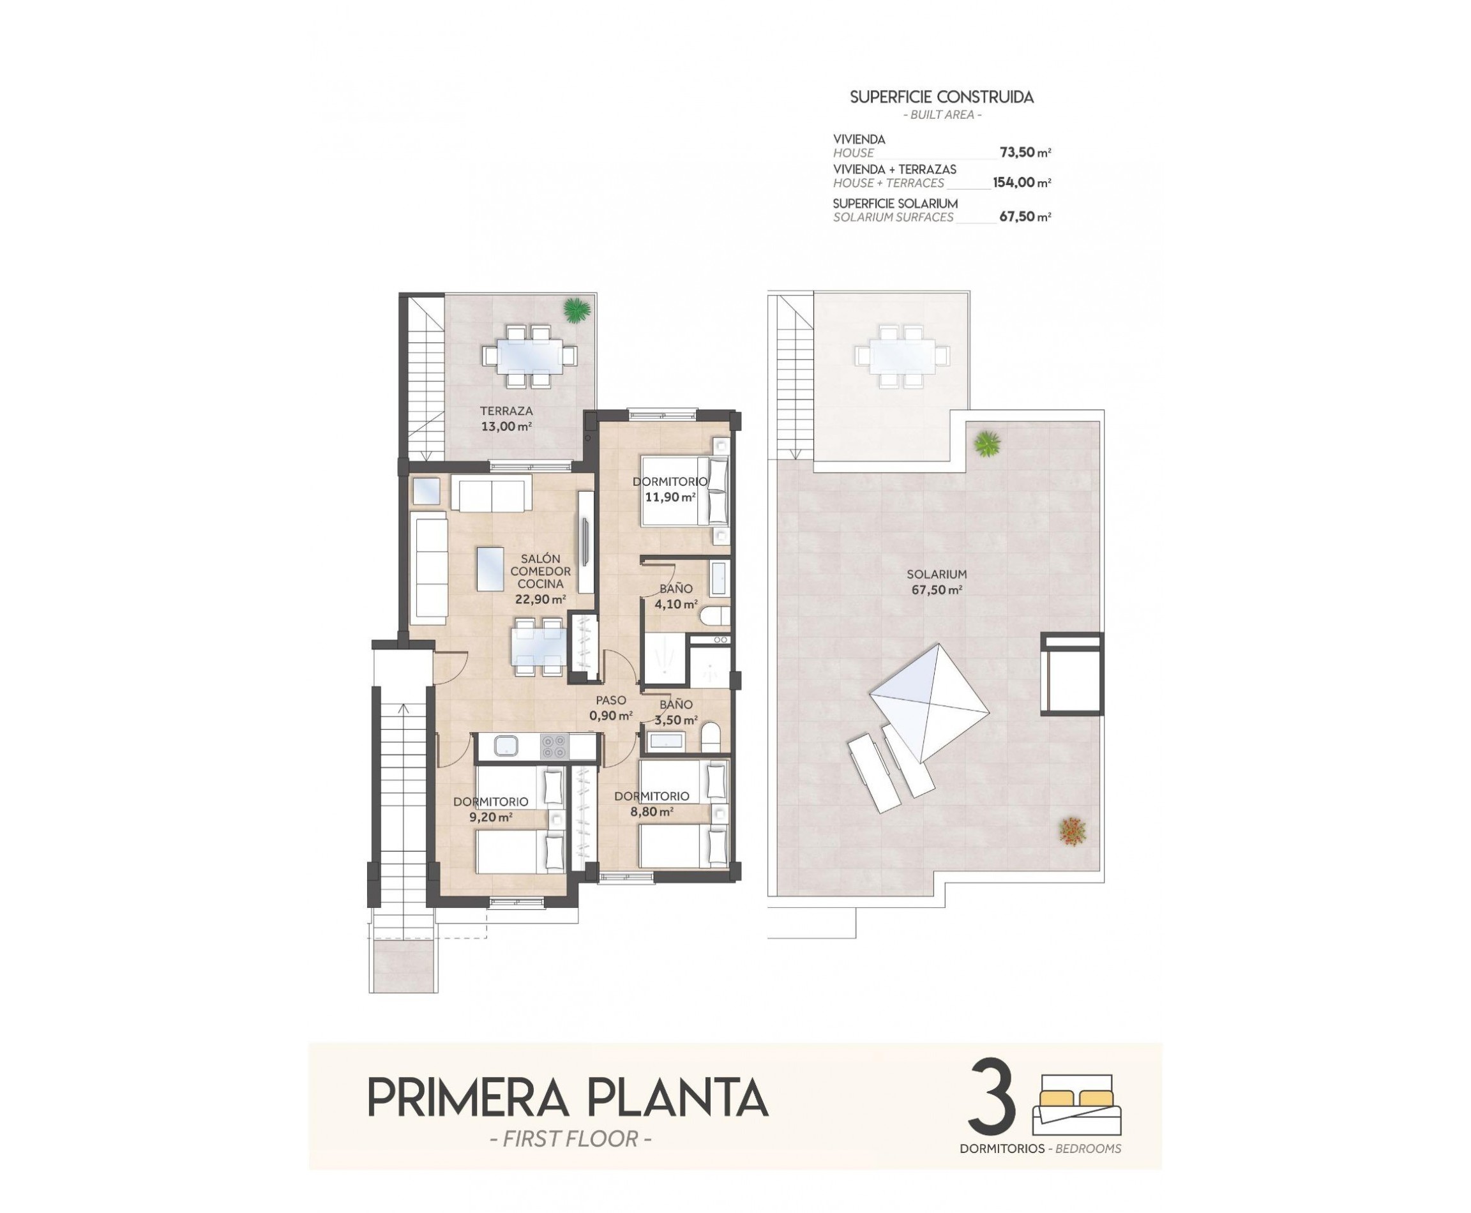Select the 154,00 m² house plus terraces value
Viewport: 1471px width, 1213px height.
(x=1021, y=183)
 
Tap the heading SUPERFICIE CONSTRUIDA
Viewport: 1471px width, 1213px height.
(x=940, y=98)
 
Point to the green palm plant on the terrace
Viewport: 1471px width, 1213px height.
(x=577, y=310)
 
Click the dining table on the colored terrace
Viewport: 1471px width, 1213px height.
(x=529, y=356)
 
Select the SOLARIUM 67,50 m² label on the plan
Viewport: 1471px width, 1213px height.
(x=937, y=582)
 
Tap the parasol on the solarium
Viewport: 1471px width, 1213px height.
(x=930, y=703)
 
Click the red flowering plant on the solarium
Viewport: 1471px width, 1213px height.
(x=1072, y=831)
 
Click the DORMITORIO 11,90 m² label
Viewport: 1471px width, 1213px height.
(x=670, y=489)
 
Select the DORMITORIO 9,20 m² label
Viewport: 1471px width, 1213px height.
(x=490, y=809)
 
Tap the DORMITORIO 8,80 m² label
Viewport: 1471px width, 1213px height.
(x=651, y=804)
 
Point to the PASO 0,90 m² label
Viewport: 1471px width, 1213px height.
(x=610, y=708)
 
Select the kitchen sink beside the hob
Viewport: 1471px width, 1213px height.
(x=504, y=747)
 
